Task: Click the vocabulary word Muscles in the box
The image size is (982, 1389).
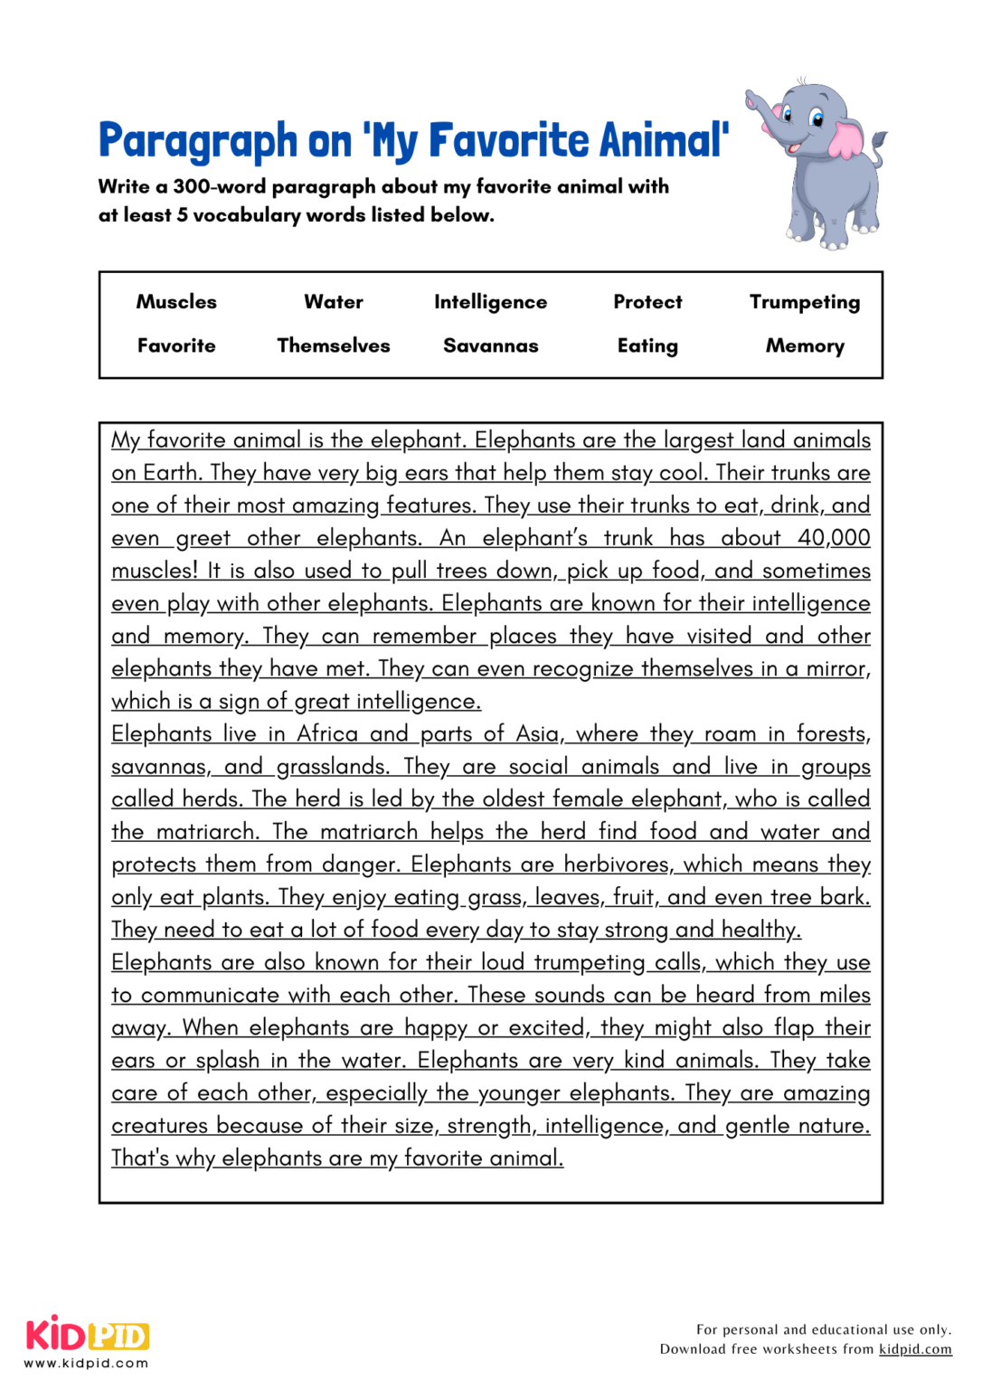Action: coord(176,302)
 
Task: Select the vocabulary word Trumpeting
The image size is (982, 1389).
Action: coord(804,302)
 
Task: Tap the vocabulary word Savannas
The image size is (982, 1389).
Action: coord(490,345)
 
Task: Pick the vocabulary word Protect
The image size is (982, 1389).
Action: coord(647,302)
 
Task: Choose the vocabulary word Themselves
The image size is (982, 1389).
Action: coord(334,345)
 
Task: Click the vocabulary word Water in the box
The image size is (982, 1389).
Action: coord(334,302)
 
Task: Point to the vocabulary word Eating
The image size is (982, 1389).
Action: coord(647,345)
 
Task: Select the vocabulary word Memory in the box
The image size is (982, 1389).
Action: coord(804,345)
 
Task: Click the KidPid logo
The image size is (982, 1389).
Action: coord(88,1335)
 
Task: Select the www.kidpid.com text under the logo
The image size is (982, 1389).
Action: coord(86,1364)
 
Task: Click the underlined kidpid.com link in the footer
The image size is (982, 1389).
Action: coord(915,1349)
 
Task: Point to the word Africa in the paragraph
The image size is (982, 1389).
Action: coord(327,734)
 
